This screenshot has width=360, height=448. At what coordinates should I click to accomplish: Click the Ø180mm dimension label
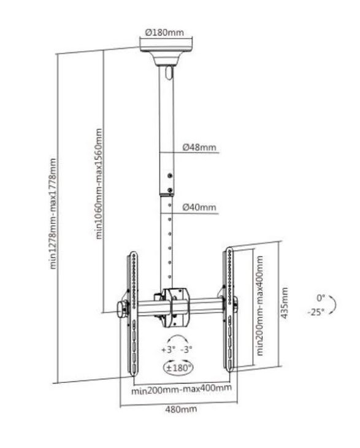pos(164,33)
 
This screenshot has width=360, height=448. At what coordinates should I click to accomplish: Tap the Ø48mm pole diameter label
pos(199,147)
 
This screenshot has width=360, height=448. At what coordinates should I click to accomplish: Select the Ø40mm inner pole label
pos(199,207)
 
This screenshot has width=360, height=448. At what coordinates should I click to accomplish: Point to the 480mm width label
pos(181,409)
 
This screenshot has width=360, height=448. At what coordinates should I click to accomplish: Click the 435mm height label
pos(285,303)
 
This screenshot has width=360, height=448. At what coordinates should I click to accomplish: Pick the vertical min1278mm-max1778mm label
pos(53,214)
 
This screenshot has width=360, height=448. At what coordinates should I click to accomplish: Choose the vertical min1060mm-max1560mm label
pos(99,183)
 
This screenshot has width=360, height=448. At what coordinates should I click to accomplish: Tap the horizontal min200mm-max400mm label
pos(182,389)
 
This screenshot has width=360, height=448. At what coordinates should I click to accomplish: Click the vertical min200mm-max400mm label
pos(260,306)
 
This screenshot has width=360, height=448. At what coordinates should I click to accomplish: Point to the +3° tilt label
pos(168,349)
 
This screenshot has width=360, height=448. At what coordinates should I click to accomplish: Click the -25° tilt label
pos(316,312)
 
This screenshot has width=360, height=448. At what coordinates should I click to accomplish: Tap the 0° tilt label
pos(321,298)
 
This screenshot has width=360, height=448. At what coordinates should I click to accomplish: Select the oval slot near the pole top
pos(169,72)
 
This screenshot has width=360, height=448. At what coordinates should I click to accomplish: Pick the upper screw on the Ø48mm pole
pos(170,176)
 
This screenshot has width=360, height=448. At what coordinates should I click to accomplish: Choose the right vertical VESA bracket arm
pos(229,309)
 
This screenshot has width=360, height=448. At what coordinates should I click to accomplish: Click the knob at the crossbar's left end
pos(122,309)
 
